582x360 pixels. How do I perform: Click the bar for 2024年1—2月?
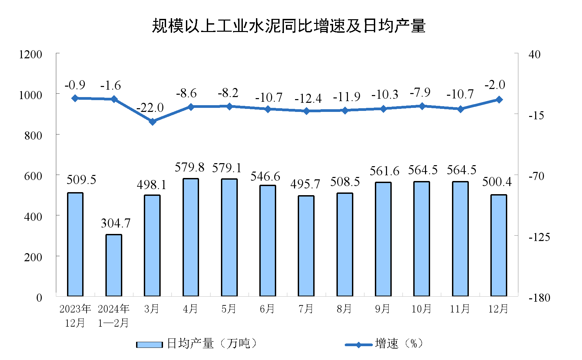click(114, 265)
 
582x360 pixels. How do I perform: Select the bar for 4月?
click(191, 237)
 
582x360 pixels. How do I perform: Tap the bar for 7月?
click(306, 246)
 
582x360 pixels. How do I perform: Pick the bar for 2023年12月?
click(75, 244)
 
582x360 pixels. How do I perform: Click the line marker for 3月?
click(153, 121)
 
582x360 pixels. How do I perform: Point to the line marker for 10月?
click(422, 106)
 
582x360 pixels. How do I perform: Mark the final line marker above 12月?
click(499, 100)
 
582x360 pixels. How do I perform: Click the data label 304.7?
click(116, 223)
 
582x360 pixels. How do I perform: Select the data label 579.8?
click(190, 167)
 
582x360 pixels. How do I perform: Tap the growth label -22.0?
click(150, 108)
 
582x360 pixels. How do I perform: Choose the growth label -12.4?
click(308, 99)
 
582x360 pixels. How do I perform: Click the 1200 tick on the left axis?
click(31, 54)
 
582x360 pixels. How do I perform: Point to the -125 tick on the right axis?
click(539, 237)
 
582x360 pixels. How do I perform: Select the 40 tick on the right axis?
click(534, 54)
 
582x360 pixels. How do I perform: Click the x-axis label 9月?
click(383, 308)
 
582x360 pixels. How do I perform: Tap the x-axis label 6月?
click(267, 308)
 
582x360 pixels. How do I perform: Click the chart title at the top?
click(289, 26)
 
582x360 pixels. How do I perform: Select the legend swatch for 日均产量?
click(149, 344)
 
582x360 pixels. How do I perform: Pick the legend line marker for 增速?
click(358, 344)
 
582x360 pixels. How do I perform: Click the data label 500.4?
click(497, 182)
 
